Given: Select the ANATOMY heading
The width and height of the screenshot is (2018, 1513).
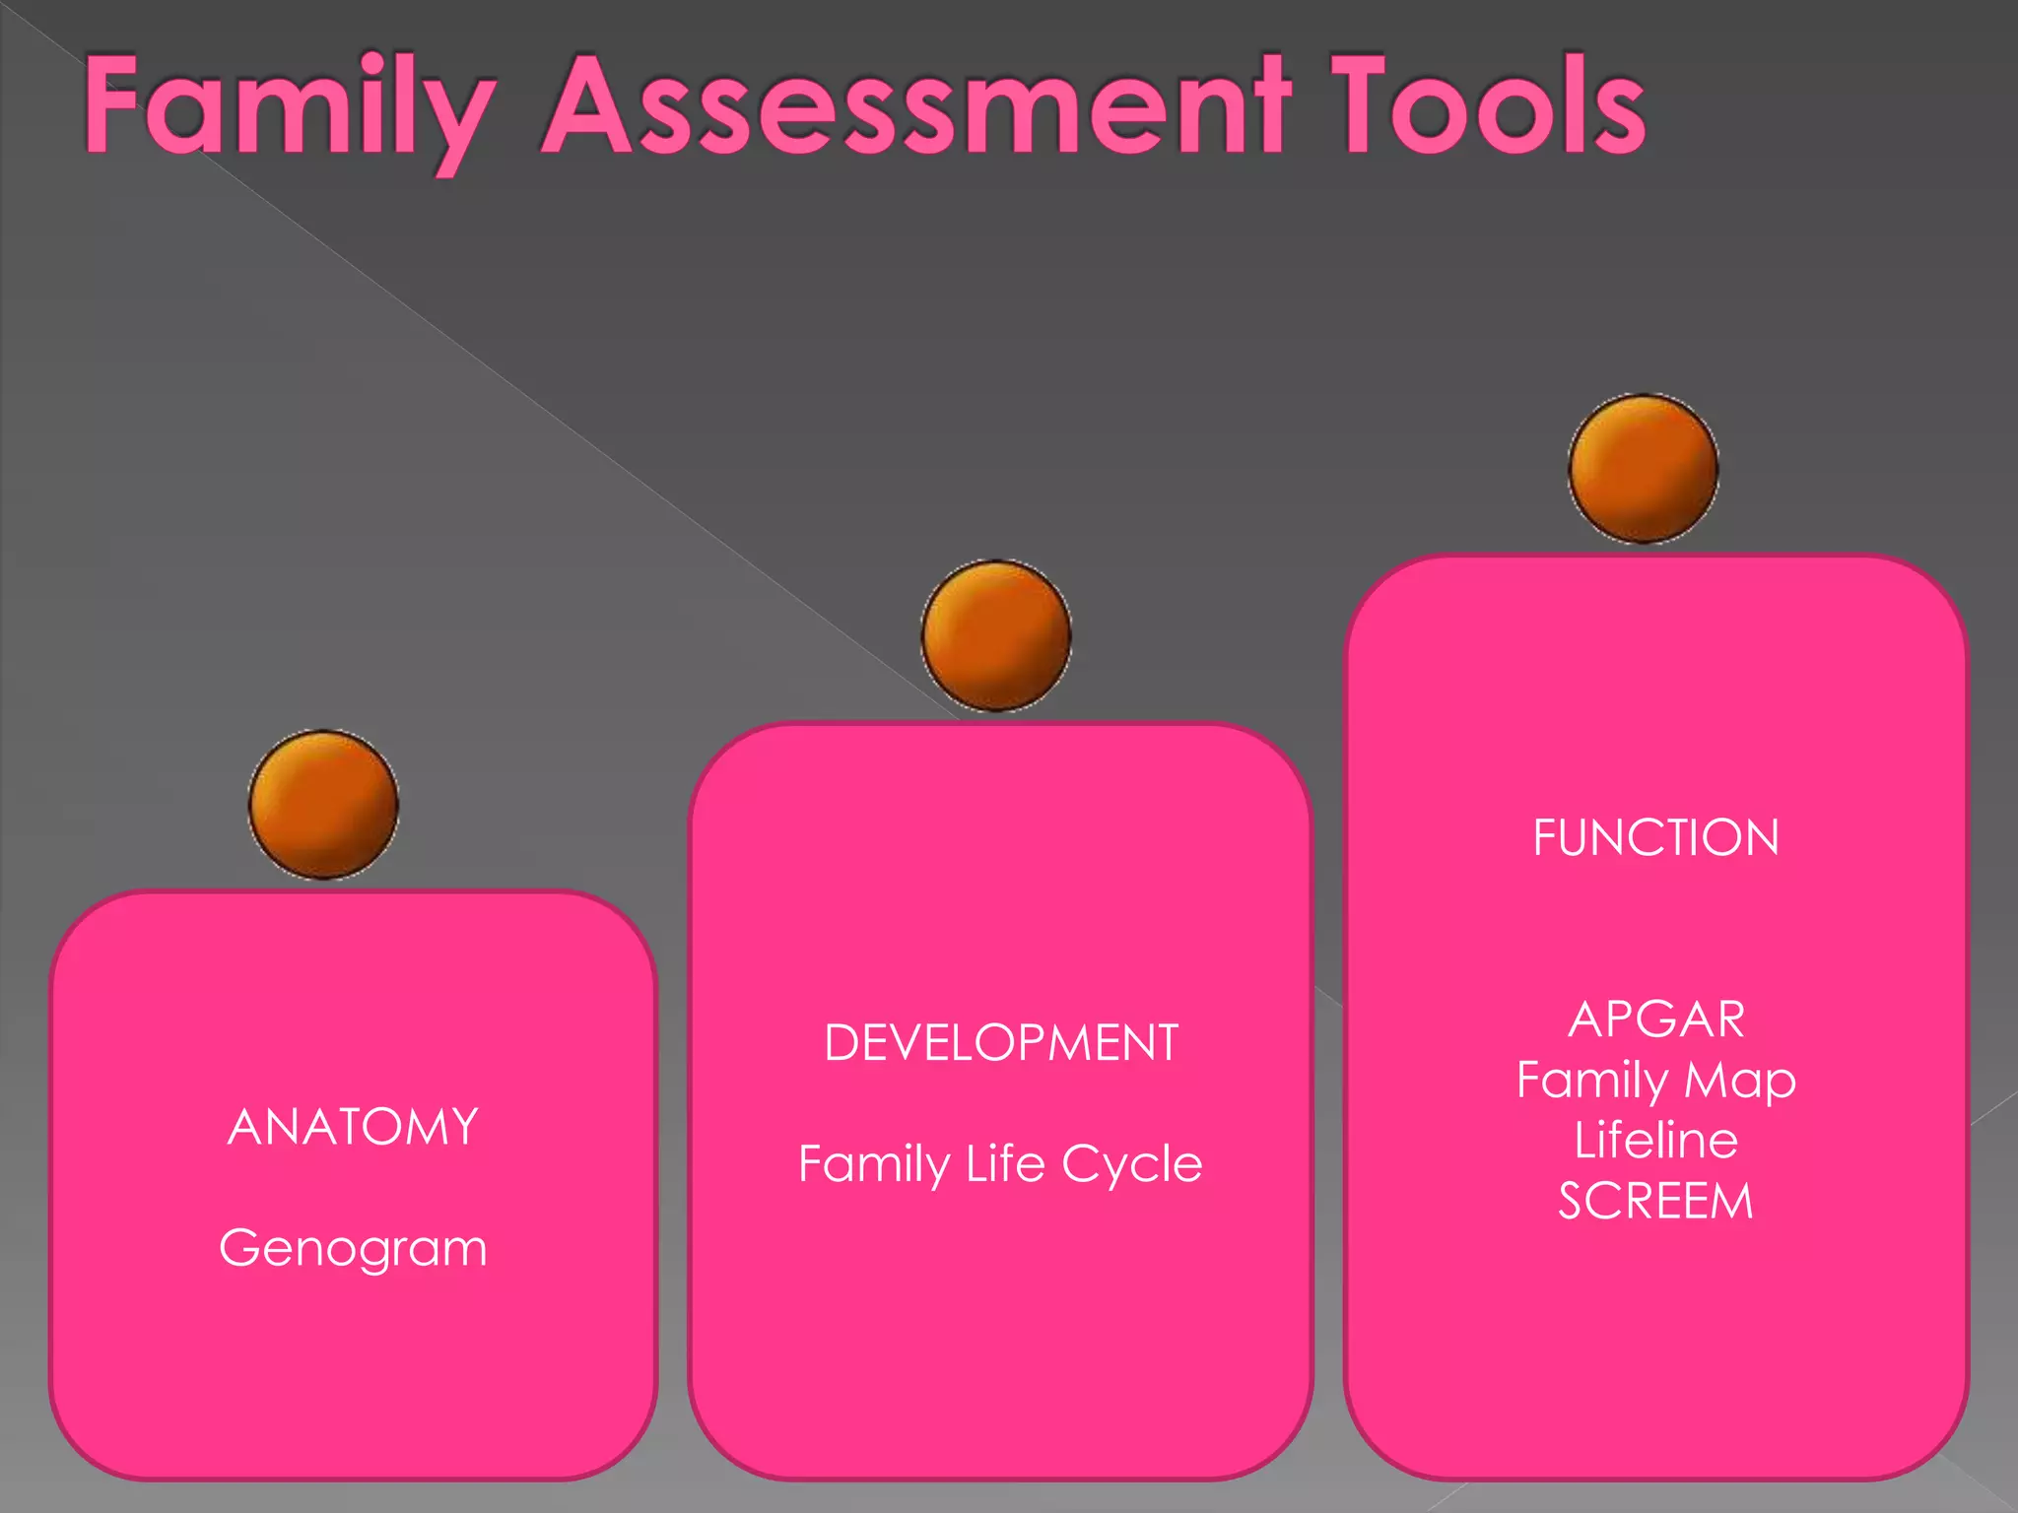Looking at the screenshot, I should [x=353, y=1127].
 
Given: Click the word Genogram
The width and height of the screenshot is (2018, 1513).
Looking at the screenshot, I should [x=353, y=1249].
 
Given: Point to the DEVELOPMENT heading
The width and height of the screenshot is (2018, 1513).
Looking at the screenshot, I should [x=1001, y=1043].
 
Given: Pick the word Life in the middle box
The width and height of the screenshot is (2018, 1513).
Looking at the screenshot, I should [x=1005, y=1163].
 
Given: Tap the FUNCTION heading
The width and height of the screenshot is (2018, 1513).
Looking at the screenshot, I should [x=1656, y=838].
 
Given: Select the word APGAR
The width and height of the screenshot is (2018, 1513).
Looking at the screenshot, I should [x=1656, y=1020].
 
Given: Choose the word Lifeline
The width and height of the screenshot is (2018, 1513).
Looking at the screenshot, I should [x=1656, y=1141].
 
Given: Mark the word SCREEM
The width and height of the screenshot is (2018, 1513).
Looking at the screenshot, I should [x=1656, y=1202].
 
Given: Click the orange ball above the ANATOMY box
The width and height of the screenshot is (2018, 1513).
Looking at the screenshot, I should [x=323, y=805].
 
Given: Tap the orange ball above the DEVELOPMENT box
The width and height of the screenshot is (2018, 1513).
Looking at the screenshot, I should [x=996, y=635].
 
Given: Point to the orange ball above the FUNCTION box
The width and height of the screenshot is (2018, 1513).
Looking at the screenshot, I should [x=1644, y=469].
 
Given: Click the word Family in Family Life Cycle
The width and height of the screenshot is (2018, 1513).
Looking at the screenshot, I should [x=873, y=1165].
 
